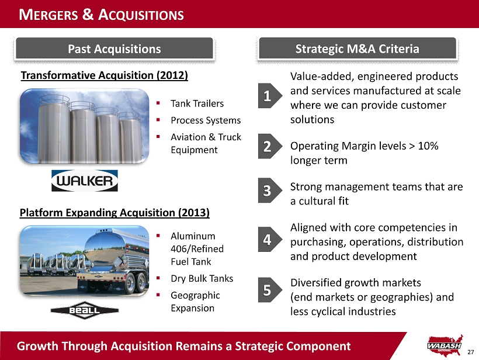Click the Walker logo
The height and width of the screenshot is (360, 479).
pyautogui.click(x=85, y=181)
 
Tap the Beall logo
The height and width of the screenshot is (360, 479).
pyautogui.click(x=85, y=310)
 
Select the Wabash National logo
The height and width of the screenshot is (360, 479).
pyautogui.click(x=445, y=345)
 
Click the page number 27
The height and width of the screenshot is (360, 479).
pyautogui.click(x=470, y=352)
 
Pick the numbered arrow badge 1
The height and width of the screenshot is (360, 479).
pyautogui.click(x=270, y=96)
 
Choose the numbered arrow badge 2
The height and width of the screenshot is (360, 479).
pyautogui.click(x=270, y=146)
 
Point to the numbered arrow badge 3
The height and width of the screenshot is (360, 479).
pyautogui.click(x=270, y=191)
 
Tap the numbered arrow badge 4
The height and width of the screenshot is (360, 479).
pyautogui.click(x=270, y=239)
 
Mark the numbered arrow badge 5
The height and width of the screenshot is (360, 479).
pyautogui.click(x=270, y=290)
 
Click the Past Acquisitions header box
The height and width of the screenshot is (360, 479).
pyautogui.click(x=114, y=49)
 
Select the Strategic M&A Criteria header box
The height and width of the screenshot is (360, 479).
pyautogui.click(x=357, y=49)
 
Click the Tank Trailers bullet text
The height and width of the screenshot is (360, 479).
pyautogui.click(x=197, y=103)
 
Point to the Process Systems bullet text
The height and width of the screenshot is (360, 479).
pyautogui.click(x=206, y=120)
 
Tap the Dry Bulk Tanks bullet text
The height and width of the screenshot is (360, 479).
pyautogui.click(x=202, y=278)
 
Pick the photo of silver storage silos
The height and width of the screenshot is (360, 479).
pyautogui.click(x=84, y=126)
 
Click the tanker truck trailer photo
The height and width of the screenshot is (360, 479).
pyautogui.click(x=84, y=261)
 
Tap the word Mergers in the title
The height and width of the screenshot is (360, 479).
pyautogui.click(x=48, y=15)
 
